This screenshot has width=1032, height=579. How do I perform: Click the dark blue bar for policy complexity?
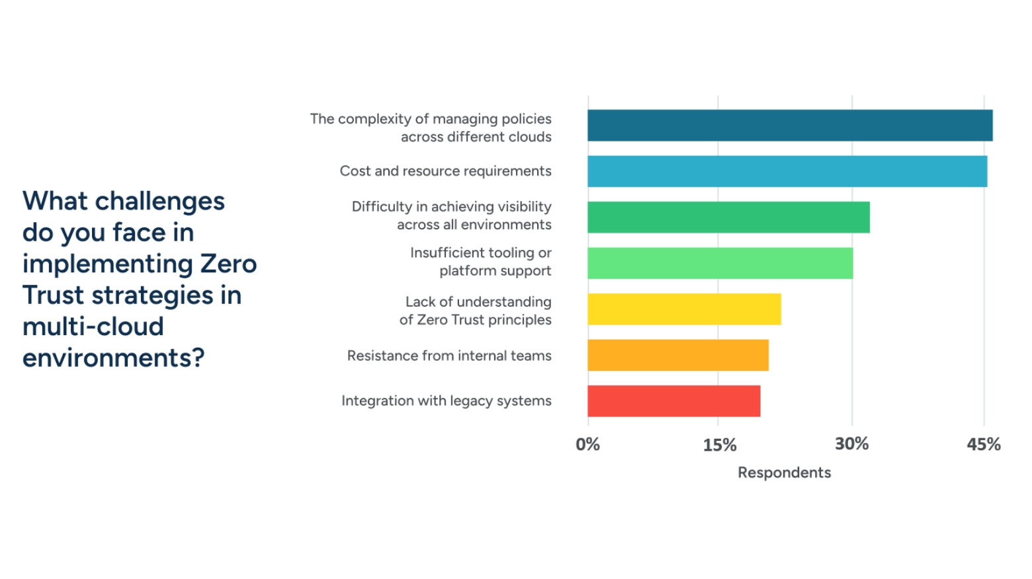click(x=790, y=126)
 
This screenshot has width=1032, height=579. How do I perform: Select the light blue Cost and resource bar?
click(x=787, y=171)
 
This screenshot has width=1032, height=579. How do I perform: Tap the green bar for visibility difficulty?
click(x=728, y=217)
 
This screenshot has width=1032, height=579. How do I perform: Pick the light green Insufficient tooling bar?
click(x=720, y=263)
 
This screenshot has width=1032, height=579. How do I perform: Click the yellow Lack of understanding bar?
click(x=684, y=309)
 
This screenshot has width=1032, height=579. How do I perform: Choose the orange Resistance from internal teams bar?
click(x=678, y=355)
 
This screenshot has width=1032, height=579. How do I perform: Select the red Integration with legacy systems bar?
click(x=673, y=401)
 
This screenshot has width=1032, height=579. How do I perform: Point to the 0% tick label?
click(x=587, y=444)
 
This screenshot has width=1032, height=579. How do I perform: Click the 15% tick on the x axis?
click(x=719, y=445)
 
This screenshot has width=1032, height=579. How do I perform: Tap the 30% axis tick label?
click(x=851, y=444)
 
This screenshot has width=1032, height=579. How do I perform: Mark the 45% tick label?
click(x=983, y=444)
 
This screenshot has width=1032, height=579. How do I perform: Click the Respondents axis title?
click(x=784, y=473)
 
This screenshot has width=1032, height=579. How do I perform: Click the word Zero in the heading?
click(x=228, y=264)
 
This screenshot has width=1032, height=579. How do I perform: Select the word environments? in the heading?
click(x=113, y=358)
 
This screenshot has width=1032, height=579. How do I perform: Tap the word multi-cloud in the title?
click(x=93, y=327)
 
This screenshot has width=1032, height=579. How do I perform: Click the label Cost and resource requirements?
click(x=445, y=171)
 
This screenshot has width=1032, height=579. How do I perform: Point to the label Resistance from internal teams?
click(x=449, y=356)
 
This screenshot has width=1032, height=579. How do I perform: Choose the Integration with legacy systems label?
click(x=446, y=401)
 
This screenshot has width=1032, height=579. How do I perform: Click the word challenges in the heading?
click(x=160, y=201)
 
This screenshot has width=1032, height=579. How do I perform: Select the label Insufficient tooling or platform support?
click(x=481, y=262)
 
